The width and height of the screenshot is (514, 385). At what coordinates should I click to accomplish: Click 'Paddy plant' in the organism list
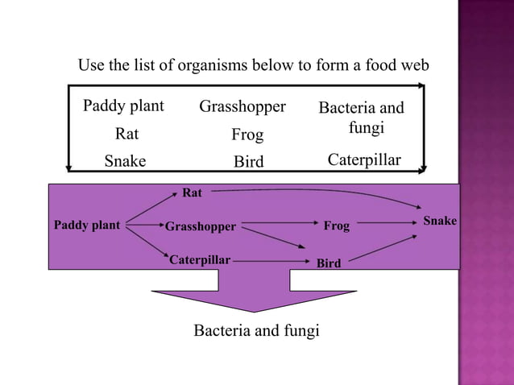[123, 106]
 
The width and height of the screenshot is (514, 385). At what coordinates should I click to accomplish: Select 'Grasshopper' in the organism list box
[242, 106]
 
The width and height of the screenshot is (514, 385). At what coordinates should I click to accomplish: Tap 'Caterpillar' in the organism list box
[363, 160]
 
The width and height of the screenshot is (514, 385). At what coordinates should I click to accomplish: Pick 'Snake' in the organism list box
[125, 161]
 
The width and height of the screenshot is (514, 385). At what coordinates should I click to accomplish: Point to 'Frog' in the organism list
[247, 135]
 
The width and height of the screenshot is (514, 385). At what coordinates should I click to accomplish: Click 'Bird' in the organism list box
[248, 162]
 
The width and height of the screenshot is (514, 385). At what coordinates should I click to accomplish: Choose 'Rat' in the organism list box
[126, 134]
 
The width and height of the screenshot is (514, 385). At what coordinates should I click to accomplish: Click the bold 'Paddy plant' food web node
[86, 226]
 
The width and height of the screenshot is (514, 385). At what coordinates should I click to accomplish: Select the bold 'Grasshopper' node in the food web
[201, 227]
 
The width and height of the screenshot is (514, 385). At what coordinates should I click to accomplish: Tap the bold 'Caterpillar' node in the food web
[200, 260]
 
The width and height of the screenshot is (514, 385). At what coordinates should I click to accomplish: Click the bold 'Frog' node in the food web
[337, 226]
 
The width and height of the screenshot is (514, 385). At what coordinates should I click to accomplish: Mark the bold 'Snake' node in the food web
[440, 221]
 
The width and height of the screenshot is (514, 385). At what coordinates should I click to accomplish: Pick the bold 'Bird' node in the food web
[329, 263]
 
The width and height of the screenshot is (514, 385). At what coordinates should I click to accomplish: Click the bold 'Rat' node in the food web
[193, 192]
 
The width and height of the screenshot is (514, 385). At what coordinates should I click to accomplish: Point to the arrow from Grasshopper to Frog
[278, 223]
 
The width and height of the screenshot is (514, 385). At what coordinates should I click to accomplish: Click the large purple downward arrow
[254, 294]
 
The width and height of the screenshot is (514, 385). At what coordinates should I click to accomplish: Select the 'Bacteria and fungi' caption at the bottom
[256, 330]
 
